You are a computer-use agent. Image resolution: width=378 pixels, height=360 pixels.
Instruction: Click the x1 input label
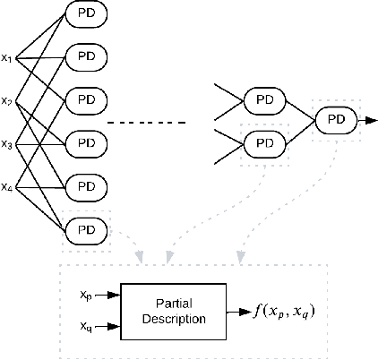(6, 59)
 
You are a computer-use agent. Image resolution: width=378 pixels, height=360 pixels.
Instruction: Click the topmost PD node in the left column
(87, 15)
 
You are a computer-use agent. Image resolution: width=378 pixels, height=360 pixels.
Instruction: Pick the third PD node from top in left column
(87, 99)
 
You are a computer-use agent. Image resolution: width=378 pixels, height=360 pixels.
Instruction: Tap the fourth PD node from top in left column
(87, 141)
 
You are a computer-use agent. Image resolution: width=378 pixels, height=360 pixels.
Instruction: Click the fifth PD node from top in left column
(87, 186)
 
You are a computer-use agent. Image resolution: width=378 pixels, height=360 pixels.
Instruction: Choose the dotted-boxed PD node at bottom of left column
(87, 229)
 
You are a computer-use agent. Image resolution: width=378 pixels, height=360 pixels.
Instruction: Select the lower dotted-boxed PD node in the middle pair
(265, 141)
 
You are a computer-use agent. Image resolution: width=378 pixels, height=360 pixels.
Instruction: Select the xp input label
(84, 294)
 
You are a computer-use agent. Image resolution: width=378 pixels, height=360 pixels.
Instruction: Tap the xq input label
(84, 326)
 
